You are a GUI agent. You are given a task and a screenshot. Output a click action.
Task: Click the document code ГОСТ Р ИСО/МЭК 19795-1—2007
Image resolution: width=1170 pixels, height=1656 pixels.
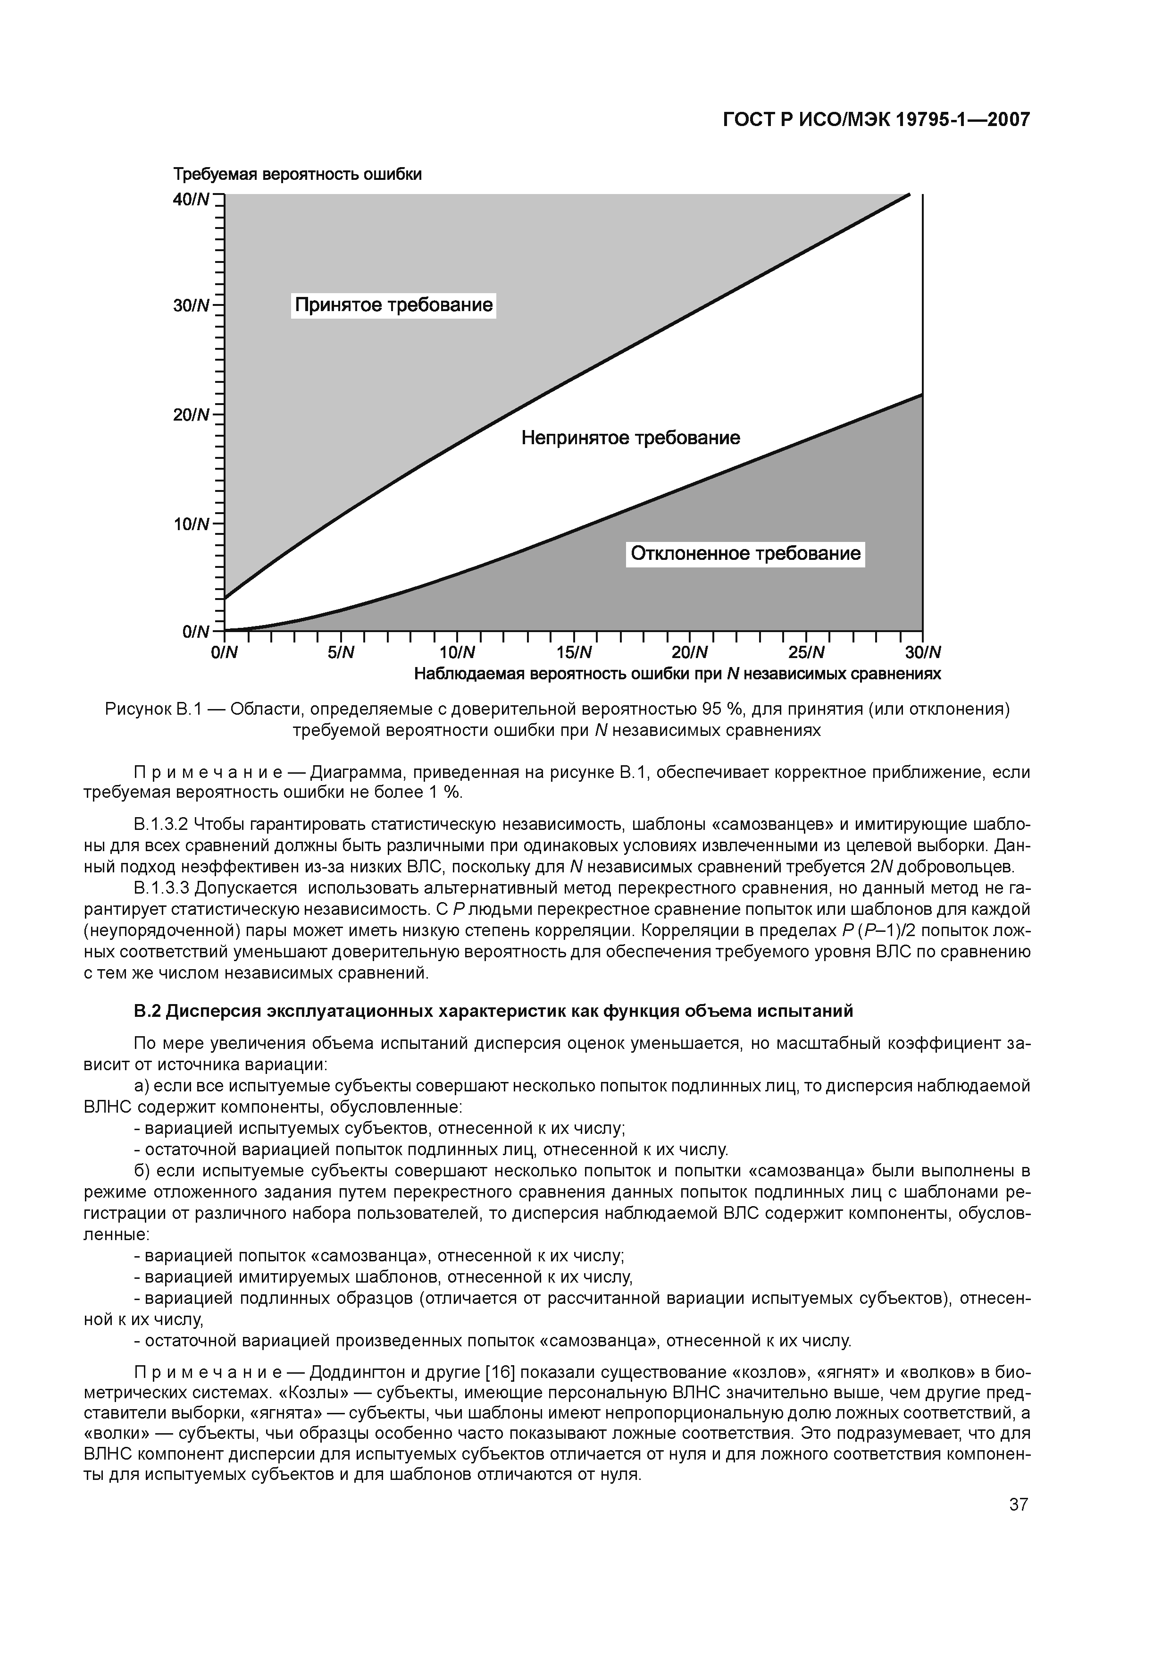[876, 120]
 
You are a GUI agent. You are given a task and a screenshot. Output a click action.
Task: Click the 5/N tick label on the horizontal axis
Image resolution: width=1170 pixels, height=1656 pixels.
[341, 653]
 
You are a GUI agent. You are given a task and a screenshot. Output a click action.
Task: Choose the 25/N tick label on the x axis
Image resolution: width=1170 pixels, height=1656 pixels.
[806, 653]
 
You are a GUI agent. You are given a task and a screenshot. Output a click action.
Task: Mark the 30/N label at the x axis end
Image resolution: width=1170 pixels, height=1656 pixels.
[923, 653]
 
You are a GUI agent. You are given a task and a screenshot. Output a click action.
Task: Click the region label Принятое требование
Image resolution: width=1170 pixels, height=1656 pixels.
[393, 305]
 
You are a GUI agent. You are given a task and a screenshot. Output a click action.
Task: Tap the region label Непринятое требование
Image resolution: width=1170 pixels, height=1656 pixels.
[631, 438]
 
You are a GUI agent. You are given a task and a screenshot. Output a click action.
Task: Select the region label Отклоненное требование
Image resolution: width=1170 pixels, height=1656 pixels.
[745, 553]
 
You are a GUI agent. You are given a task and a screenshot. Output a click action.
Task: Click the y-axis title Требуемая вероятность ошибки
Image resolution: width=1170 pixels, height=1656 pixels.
[297, 175]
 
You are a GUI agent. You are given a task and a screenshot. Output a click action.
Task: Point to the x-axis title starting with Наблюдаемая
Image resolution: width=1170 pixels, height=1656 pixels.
[677, 675]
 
